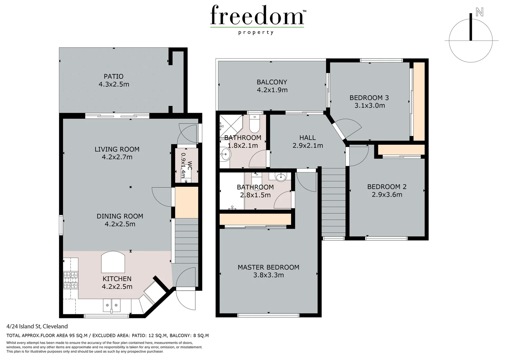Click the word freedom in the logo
tap(257, 15)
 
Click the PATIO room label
tap(114, 76)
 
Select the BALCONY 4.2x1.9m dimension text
tap(272, 90)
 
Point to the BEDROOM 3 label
tap(369, 98)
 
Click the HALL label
tap(307, 137)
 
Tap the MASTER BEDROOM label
tap(268, 267)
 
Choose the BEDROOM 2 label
tap(387, 187)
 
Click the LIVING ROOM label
tap(117, 149)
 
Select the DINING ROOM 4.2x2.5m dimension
tap(120, 224)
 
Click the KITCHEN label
tap(117, 278)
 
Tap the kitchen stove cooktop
tap(71, 280)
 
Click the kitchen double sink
tap(111, 305)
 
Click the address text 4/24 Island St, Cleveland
tap(37, 326)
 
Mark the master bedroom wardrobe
tap(255, 219)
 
